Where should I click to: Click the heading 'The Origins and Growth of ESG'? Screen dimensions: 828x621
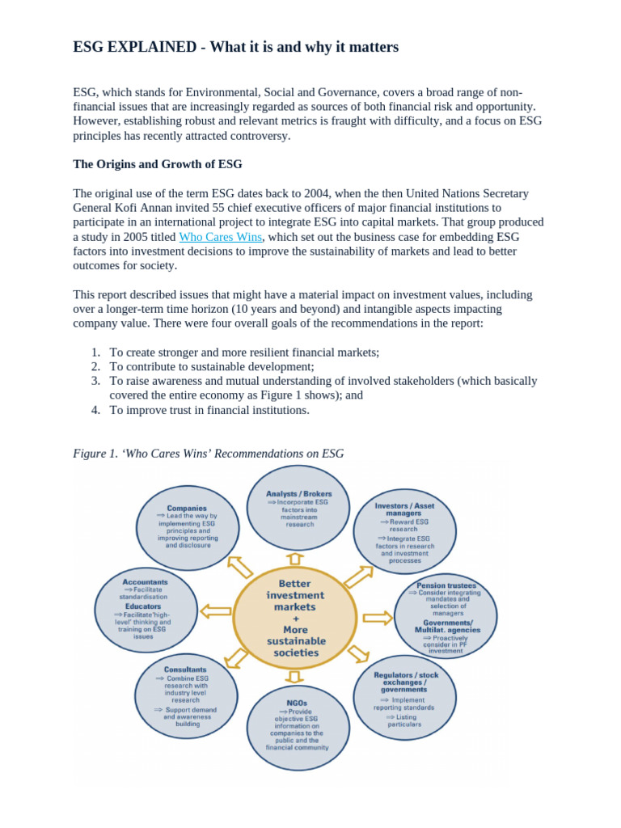158,164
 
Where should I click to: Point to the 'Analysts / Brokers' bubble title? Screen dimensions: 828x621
298,493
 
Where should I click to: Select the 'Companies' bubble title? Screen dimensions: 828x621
187,509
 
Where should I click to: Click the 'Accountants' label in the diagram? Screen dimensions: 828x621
146,581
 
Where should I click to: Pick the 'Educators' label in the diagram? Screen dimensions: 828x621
143,606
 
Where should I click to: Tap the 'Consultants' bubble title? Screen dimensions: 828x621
185,670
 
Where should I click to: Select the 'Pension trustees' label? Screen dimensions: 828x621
446,585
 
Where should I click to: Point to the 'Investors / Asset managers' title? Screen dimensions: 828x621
404,509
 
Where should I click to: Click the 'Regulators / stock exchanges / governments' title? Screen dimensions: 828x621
405,682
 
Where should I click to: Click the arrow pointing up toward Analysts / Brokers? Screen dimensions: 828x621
296,559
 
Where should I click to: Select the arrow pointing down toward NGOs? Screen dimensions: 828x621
295,676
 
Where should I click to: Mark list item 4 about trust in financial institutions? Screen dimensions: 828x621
209,410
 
